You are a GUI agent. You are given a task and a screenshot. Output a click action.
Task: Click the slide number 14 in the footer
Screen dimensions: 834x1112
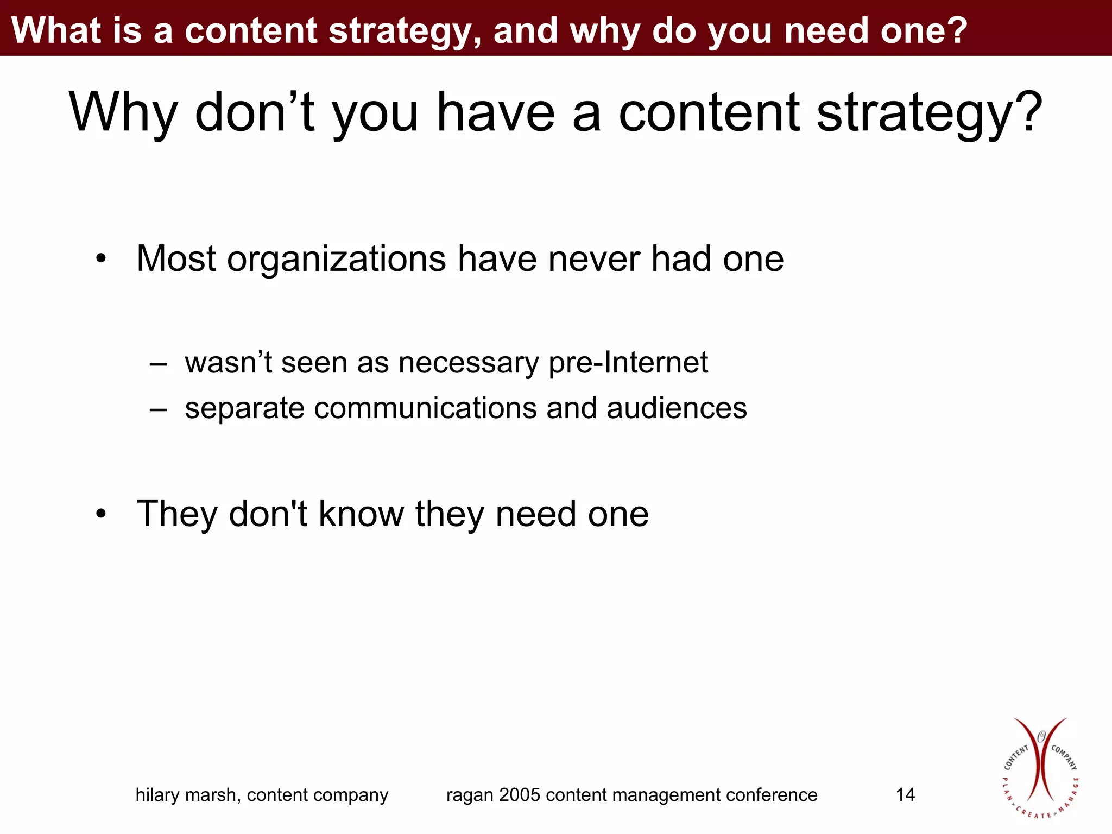905,794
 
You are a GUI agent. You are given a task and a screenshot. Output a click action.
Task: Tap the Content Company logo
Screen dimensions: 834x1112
1040,768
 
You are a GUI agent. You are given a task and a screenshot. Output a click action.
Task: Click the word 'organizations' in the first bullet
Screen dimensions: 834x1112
337,259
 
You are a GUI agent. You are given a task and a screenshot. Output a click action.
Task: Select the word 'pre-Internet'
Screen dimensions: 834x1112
628,363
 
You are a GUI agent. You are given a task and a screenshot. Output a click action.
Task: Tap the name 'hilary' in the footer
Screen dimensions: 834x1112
157,795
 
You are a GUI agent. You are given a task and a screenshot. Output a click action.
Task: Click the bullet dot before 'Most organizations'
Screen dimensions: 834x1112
101,259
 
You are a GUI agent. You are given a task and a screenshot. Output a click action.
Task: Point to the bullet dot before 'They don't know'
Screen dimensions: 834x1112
101,514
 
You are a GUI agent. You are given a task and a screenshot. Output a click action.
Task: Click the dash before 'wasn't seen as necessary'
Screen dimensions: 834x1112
158,364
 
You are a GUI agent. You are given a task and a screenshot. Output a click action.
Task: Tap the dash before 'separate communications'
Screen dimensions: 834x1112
158,409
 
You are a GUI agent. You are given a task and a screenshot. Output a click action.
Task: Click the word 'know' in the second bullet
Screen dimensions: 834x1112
361,514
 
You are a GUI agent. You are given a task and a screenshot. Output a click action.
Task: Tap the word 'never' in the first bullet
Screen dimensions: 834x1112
594,259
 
